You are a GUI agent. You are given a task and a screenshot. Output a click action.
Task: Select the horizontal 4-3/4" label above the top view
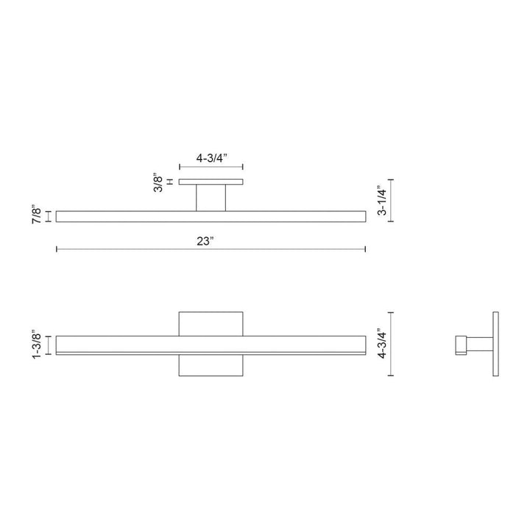coord(211,158)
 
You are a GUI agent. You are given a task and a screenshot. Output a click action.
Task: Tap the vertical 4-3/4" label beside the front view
coord(380,344)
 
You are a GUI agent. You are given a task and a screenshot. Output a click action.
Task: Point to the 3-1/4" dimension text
coord(380,200)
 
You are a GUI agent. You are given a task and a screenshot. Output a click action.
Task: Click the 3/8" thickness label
coord(158,182)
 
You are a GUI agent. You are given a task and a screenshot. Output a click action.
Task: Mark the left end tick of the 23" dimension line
coord(57,250)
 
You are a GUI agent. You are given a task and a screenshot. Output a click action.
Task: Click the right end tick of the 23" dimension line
coord(365,250)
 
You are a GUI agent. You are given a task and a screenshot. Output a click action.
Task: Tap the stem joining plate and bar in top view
coord(211,197)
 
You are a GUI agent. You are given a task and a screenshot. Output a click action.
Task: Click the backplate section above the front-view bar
coord(211,323)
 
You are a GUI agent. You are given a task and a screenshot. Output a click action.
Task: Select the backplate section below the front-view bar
coord(211,366)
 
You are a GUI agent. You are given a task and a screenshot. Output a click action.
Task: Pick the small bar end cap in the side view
coord(461,344)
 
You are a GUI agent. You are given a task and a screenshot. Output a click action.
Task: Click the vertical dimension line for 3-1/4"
coord(391,200)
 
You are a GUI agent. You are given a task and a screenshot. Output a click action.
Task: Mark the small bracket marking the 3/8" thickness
coord(170,182)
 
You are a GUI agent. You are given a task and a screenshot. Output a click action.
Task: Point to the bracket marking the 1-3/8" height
coord(49,344)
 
